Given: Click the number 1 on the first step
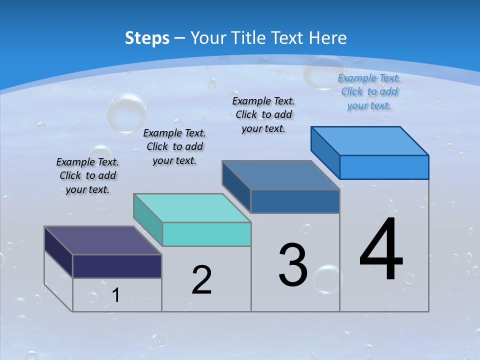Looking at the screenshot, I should (x=116, y=295).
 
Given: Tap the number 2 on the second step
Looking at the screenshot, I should (x=201, y=279).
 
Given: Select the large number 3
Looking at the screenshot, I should (x=293, y=265).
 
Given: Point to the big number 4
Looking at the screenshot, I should (x=381, y=249).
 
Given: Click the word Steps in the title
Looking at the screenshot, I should (x=147, y=38).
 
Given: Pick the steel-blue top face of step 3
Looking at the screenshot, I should (x=281, y=175).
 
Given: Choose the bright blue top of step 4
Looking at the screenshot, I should (x=370, y=141).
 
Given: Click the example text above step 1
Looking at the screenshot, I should (x=87, y=175).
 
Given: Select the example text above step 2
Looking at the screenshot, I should (x=174, y=146).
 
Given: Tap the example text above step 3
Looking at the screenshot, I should (x=263, y=114).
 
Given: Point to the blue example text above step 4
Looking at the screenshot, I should (x=369, y=91).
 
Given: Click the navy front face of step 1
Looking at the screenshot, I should (x=117, y=266).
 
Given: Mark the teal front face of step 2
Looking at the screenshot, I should (x=206, y=234).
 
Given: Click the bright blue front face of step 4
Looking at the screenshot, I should (x=384, y=167).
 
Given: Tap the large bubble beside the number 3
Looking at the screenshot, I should (x=327, y=279).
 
